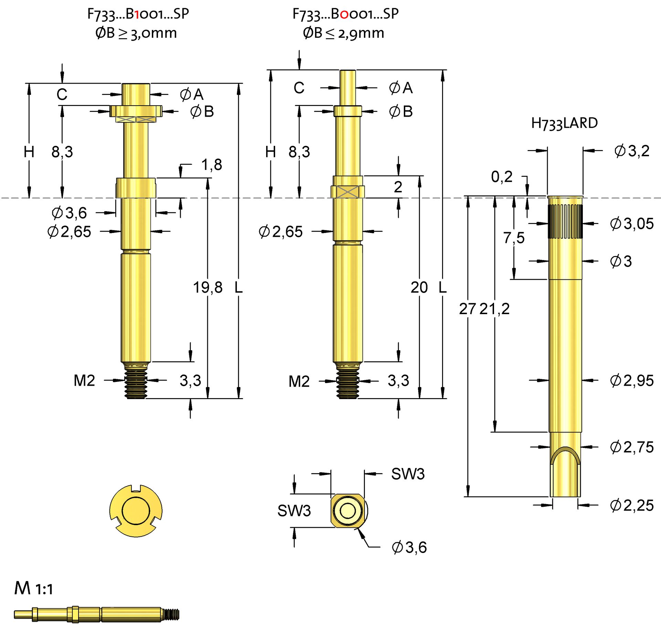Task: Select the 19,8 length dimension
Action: pos(208,287)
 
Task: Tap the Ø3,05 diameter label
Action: pos(631,224)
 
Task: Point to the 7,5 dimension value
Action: pos(514,238)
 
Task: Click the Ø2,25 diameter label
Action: pos(631,505)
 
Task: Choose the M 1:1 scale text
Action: pos(34,588)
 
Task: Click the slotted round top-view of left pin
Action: pos(136,511)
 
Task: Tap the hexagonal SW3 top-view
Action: pos(348,511)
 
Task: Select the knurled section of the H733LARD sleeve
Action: pos(565,221)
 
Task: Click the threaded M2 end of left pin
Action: pos(136,384)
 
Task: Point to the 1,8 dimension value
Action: pos(211,165)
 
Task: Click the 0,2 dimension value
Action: pos(502,177)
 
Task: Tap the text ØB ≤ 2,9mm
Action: pos(343,33)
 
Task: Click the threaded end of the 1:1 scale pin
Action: pos(171,615)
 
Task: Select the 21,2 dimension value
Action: pos(494,309)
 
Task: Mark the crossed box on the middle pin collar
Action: pos(347,192)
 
